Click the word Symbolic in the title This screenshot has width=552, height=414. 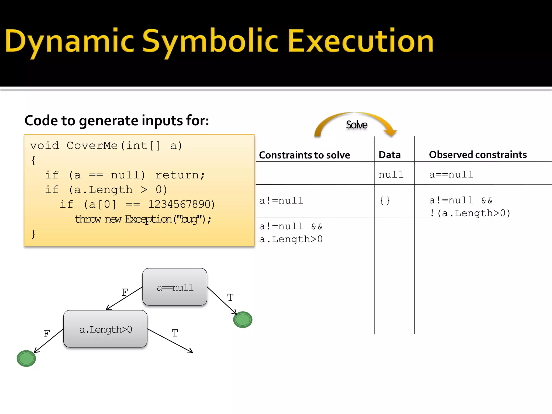point(210,41)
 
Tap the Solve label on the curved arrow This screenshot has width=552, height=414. point(356,125)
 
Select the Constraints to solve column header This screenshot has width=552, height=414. point(304,155)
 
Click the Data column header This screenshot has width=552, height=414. point(389,155)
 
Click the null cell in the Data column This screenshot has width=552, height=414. point(391,175)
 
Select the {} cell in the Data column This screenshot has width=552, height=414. point(385,201)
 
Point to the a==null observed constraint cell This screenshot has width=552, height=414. point(451,175)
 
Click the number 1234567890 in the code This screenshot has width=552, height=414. point(181,205)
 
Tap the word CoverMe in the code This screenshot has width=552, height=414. point(92,146)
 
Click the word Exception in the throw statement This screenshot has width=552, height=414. point(148,219)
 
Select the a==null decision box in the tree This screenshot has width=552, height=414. point(175,287)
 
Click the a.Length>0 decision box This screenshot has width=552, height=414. point(105,329)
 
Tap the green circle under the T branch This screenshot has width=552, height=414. point(243,320)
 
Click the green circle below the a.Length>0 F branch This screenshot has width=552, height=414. point(26,358)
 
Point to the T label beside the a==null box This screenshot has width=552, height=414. point(230,298)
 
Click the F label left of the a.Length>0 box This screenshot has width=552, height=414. point(47,334)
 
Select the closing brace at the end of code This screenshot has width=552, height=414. point(33,234)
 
